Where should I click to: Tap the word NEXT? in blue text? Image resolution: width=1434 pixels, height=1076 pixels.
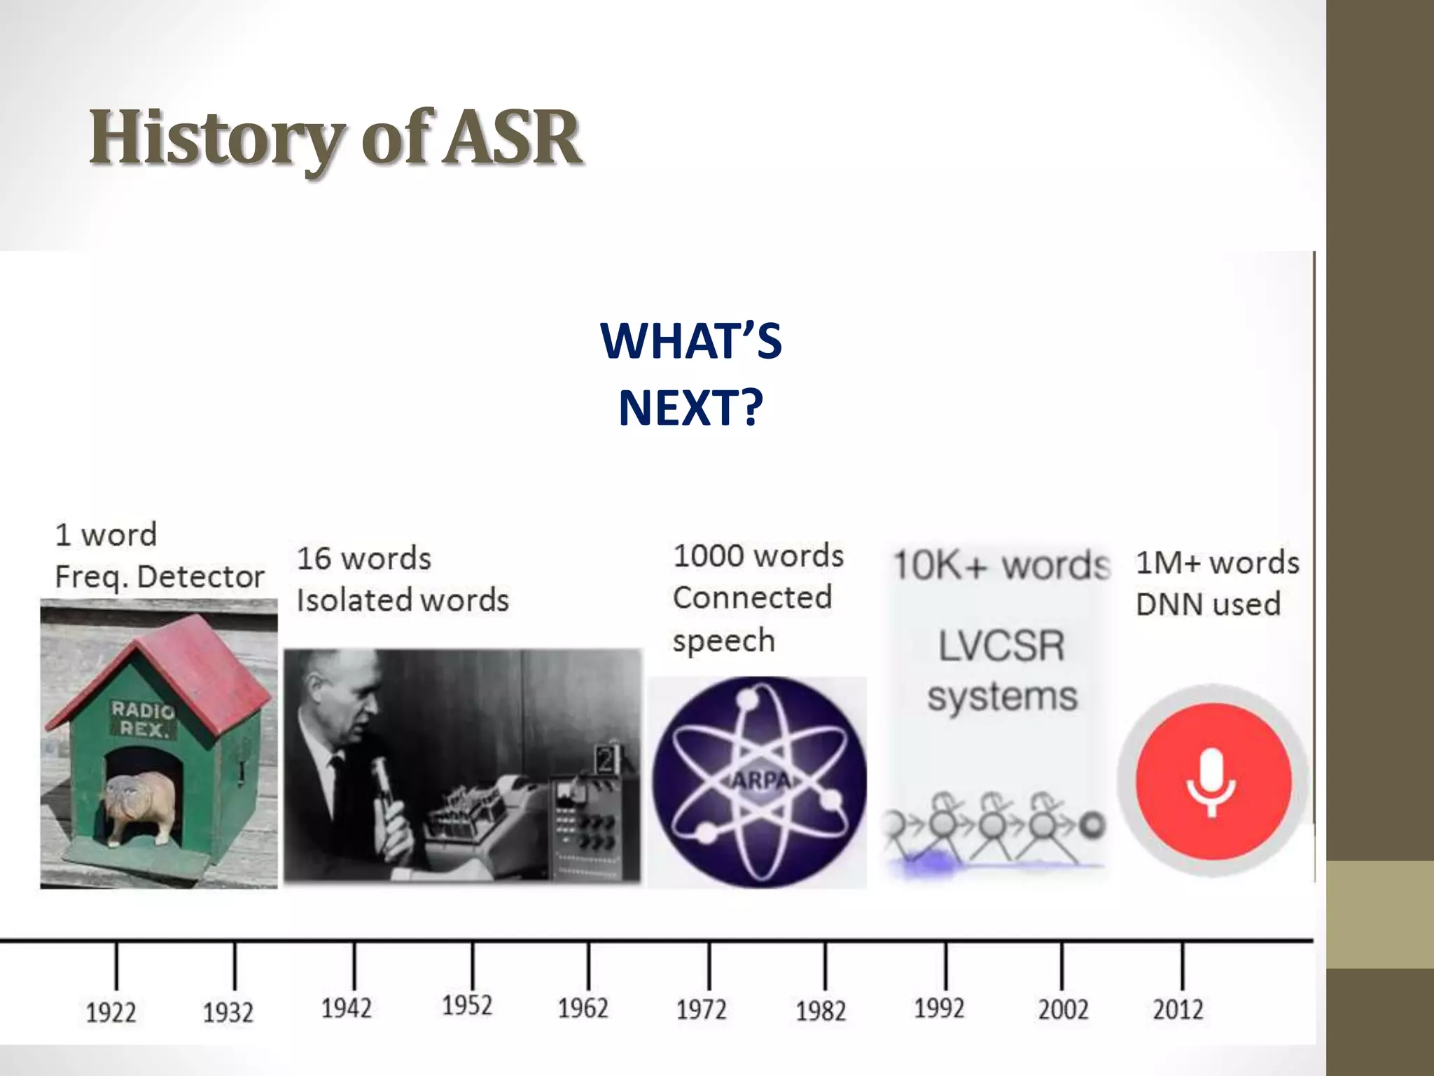(x=690, y=408)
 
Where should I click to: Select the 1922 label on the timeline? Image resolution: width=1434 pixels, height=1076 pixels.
(x=111, y=1012)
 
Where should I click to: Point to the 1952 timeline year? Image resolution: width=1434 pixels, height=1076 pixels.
(x=467, y=1005)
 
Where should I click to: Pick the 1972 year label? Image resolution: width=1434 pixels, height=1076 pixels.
(x=701, y=1009)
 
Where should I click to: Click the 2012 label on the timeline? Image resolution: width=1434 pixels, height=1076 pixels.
(x=1178, y=1009)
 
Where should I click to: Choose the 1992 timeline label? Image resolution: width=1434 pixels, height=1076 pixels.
(x=939, y=1008)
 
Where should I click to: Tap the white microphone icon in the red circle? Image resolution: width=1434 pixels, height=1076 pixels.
(x=1211, y=782)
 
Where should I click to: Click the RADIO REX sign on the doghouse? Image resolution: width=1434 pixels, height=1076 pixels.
(x=143, y=719)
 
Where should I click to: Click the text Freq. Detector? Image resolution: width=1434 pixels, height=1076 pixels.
(x=160, y=577)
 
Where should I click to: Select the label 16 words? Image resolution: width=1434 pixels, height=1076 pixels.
(x=364, y=558)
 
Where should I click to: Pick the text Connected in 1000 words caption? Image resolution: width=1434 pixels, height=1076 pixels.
(x=752, y=598)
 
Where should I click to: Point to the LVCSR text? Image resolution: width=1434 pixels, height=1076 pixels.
(x=1001, y=645)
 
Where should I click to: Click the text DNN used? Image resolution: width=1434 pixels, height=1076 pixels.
(x=1208, y=604)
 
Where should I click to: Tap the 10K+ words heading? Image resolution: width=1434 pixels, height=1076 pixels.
(x=1001, y=565)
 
